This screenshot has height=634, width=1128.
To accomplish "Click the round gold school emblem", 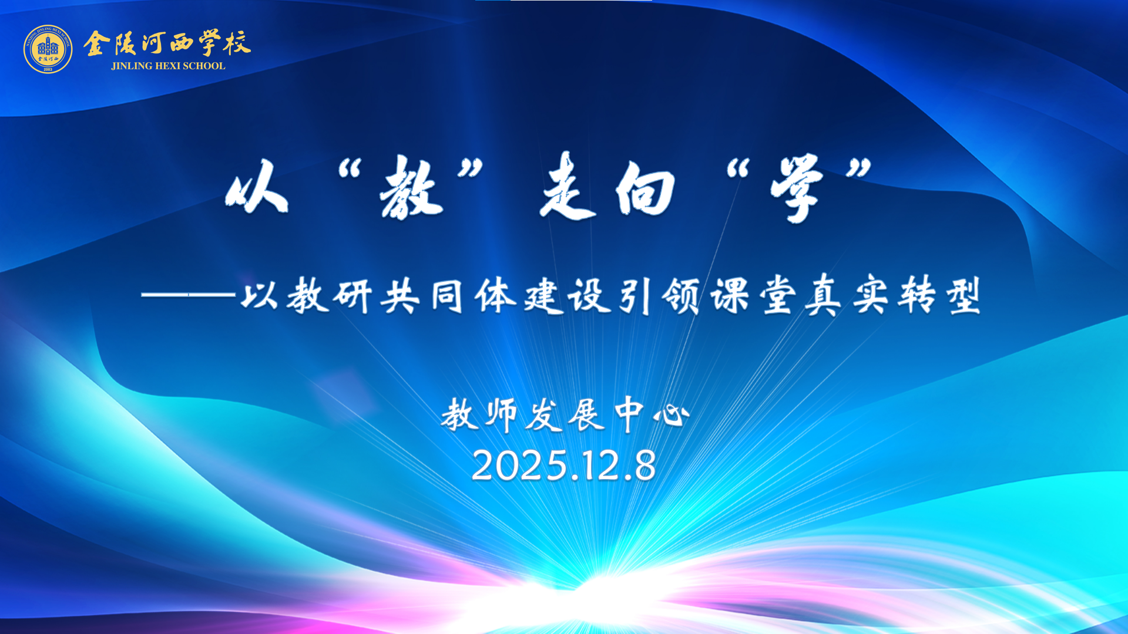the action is [48, 49].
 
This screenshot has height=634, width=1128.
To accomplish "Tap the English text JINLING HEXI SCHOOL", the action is [168, 66].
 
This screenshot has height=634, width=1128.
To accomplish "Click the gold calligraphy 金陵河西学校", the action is [167, 43].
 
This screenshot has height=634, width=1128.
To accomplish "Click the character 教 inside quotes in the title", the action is [411, 188].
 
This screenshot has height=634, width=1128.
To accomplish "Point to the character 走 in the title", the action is [567, 186].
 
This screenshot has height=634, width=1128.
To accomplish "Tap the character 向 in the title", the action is [645, 188].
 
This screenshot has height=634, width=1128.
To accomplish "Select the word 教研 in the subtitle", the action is [330, 296].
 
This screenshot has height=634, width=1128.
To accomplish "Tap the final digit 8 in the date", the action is [644, 466].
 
